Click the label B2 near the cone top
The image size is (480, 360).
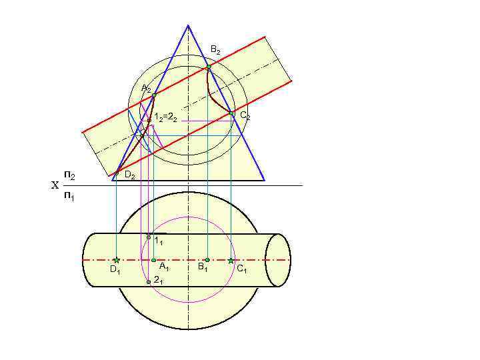[215, 50]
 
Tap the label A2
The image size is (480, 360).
[145, 89]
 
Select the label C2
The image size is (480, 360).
[245, 116]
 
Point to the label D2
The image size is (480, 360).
[130, 177]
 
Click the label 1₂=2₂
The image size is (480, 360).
[165, 118]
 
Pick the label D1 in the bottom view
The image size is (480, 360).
[115, 270]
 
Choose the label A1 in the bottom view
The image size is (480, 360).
[163, 268]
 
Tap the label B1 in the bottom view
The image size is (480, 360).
[202, 268]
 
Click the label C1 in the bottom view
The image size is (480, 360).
[241, 269]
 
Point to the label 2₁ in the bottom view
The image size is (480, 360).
[158, 281]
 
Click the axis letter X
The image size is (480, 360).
[55, 186]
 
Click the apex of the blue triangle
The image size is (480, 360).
[188, 25]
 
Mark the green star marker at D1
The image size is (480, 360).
[116, 260]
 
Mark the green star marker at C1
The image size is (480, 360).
[231, 260]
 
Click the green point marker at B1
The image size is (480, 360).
[207, 260]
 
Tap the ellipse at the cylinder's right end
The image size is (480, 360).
[278, 260]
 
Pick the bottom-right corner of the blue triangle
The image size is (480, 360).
[265, 180]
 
